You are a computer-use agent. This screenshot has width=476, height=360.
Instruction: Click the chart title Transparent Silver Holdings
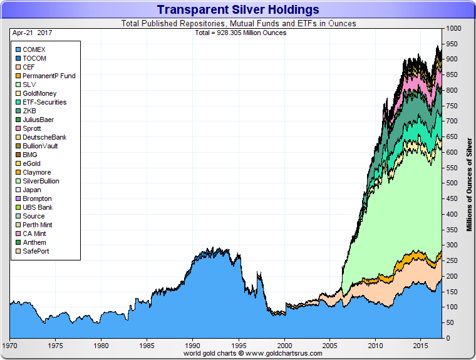pyautogui.click(x=237, y=9)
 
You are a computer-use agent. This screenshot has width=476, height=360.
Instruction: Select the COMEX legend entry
pyautogui.click(x=34, y=49)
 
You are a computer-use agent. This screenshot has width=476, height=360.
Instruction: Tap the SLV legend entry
pyautogui.click(x=29, y=85)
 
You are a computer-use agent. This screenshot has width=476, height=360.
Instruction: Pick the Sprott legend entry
pyautogui.click(x=33, y=128)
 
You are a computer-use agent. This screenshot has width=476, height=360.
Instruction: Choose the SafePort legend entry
pyautogui.click(x=36, y=251)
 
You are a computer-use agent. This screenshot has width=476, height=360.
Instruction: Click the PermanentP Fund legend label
pyautogui.click(x=49, y=76)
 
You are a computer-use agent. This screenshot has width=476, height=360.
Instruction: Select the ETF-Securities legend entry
pyautogui.click(x=44, y=102)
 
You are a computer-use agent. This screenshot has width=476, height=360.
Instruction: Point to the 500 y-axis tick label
pyautogui.click(x=451, y=183)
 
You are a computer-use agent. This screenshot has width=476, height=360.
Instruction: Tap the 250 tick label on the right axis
pyautogui.click(x=451, y=261)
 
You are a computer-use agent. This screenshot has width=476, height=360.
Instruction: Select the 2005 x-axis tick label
pyautogui.click(x=331, y=345)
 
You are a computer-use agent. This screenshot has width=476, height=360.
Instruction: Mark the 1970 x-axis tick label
pyautogui.click(x=10, y=345)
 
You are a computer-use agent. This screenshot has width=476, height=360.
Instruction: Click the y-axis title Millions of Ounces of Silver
pyautogui.click(x=469, y=183)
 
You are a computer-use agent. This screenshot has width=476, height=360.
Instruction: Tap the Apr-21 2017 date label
pyautogui.click(x=30, y=33)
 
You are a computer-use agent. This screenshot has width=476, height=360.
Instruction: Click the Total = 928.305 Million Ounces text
pyautogui.click(x=241, y=33)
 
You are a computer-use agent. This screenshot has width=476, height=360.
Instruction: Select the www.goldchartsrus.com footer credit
pyautogui.click(x=252, y=353)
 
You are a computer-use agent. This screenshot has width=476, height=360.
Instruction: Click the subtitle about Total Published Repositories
pyautogui.click(x=238, y=24)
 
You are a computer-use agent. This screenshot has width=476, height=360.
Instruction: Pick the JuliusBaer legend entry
pyautogui.click(x=38, y=120)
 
